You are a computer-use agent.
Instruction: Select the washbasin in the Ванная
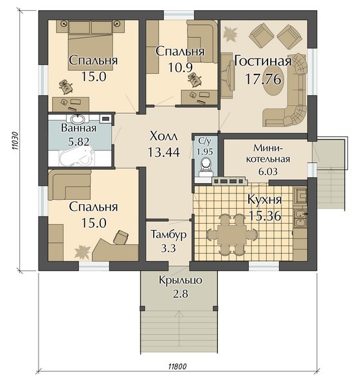(x=78, y=119)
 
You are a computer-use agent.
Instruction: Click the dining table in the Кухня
(x=232, y=235)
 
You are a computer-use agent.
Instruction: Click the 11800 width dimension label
(x=177, y=366)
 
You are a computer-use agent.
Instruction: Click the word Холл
(x=163, y=136)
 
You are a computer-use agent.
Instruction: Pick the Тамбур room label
(x=168, y=235)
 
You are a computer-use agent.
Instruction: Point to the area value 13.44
(x=163, y=152)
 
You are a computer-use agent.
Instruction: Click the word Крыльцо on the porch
(x=181, y=280)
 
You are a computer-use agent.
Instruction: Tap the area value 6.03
(x=268, y=171)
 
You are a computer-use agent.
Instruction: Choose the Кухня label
(x=265, y=200)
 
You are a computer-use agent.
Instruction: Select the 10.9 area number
(x=181, y=67)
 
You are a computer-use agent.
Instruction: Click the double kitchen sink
(x=300, y=218)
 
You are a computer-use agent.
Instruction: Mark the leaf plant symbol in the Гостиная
(x=230, y=33)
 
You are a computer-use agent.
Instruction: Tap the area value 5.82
(x=78, y=141)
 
